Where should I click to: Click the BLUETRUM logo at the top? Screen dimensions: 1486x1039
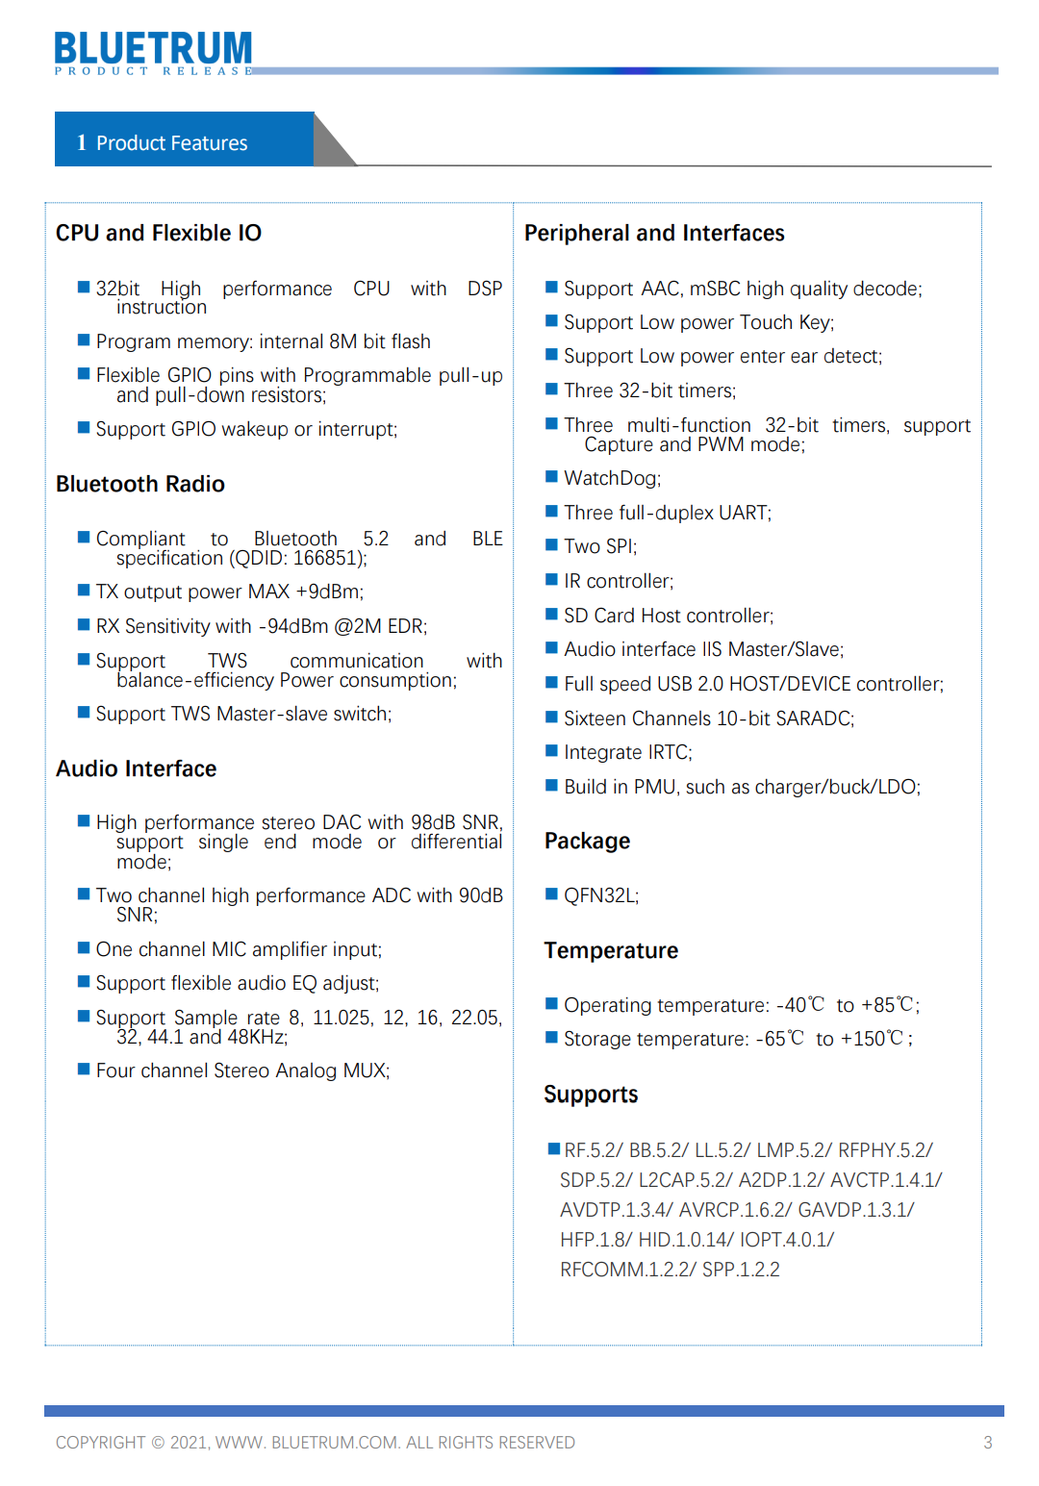coord(153,51)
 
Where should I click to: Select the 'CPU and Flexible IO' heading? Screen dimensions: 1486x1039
coord(159,233)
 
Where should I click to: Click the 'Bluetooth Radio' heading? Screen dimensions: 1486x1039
coord(140,484)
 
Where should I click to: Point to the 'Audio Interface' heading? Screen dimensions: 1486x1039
coord(137,768)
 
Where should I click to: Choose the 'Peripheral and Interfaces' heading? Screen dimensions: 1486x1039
coord(654,233)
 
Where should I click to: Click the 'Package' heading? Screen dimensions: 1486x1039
coord(587,841)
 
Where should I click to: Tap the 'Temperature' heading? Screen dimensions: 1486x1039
coord(611,950)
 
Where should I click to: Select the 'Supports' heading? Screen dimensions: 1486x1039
coord(591,1095)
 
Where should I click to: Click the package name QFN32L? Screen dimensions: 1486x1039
coord(599,895)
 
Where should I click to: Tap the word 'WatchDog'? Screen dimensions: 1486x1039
coord(611,478)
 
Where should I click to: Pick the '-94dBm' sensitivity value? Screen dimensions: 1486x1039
coord(293,626)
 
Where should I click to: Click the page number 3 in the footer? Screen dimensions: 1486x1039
coord(987,1442)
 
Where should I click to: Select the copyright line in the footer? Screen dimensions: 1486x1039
coord(315,1442)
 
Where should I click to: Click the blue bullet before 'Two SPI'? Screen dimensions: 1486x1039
coord(552,545)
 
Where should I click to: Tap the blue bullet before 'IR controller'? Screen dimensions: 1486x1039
coord(552,580)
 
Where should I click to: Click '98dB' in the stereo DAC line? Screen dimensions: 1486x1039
coord(434,822)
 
